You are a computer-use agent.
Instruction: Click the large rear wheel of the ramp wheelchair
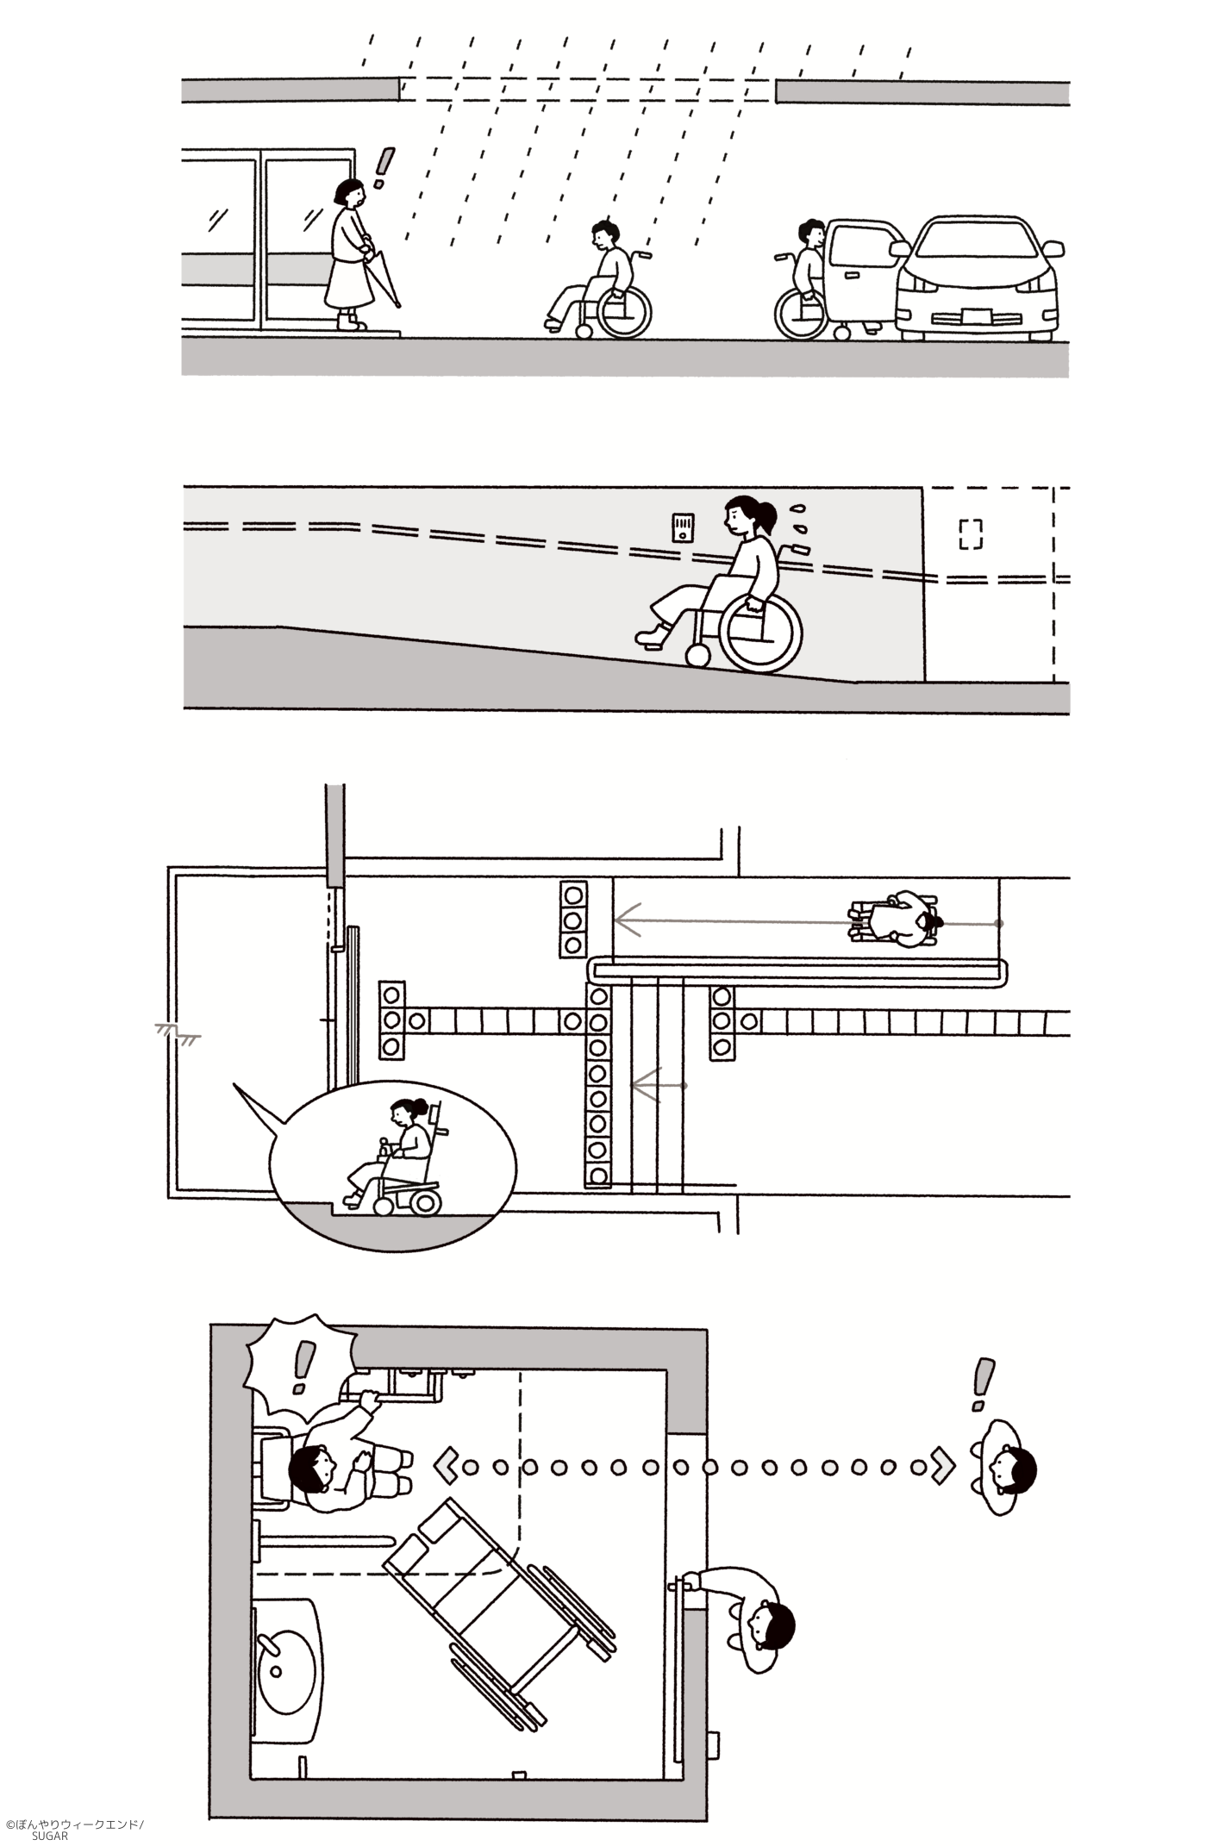(760, 635)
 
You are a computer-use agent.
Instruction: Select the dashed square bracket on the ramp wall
(971, 534)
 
